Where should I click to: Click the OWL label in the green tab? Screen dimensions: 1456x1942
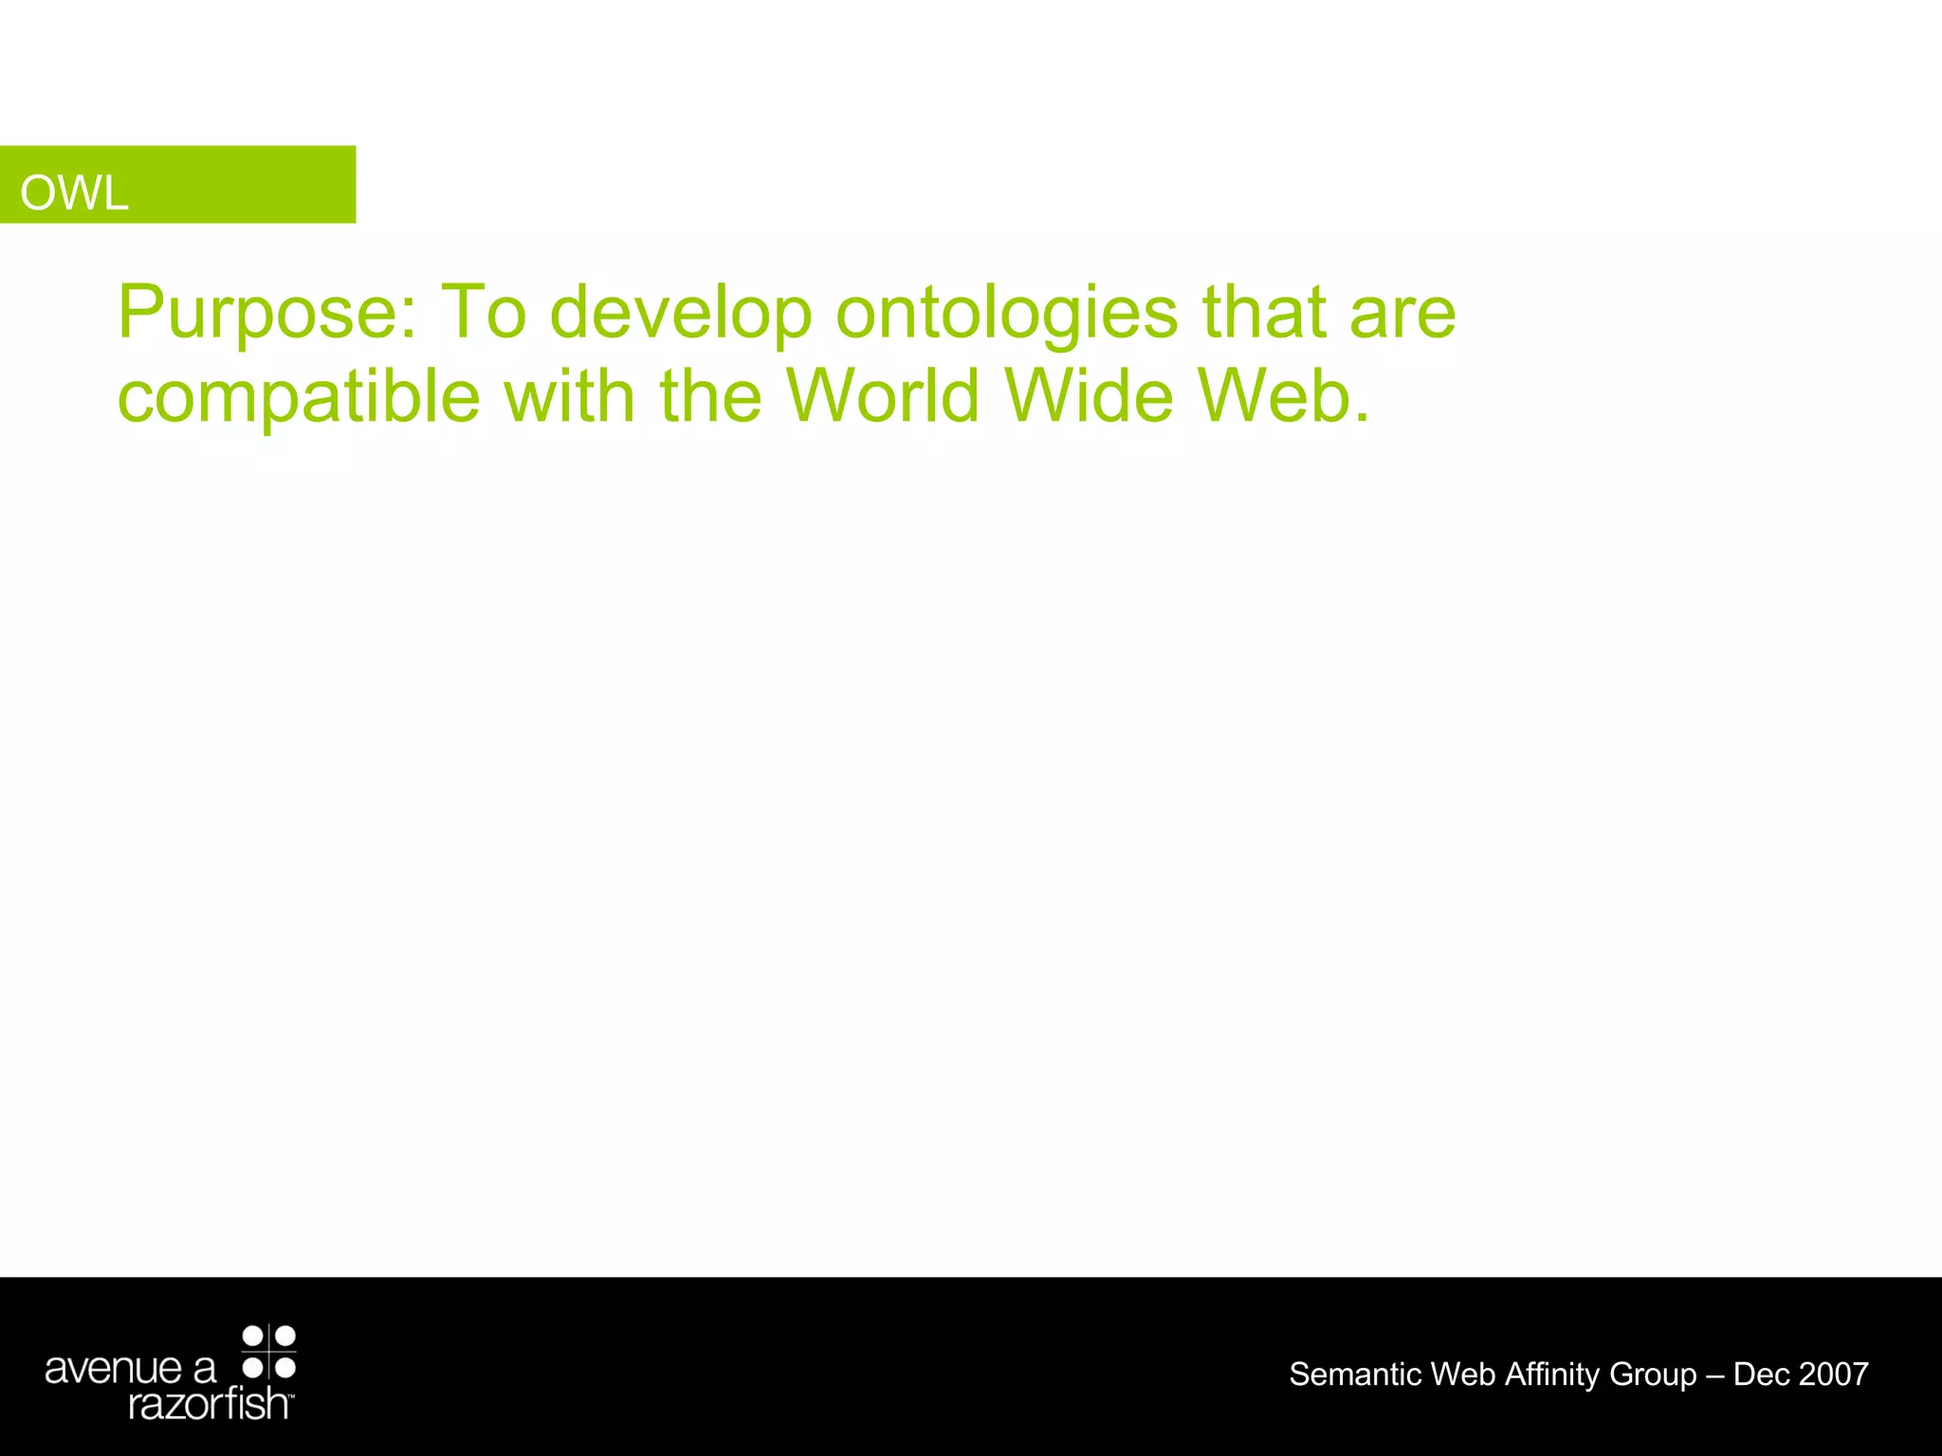click(x=74, y=193)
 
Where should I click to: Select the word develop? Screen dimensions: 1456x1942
click(x=681, y=313)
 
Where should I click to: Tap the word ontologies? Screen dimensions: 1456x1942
click(x=1006, y=313)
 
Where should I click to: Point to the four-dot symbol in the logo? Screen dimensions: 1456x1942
click(x=269, y=1352)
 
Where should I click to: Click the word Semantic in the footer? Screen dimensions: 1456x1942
click(x=1355, y=1374)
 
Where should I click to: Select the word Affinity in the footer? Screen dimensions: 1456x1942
click(x=1552, y=1374)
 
